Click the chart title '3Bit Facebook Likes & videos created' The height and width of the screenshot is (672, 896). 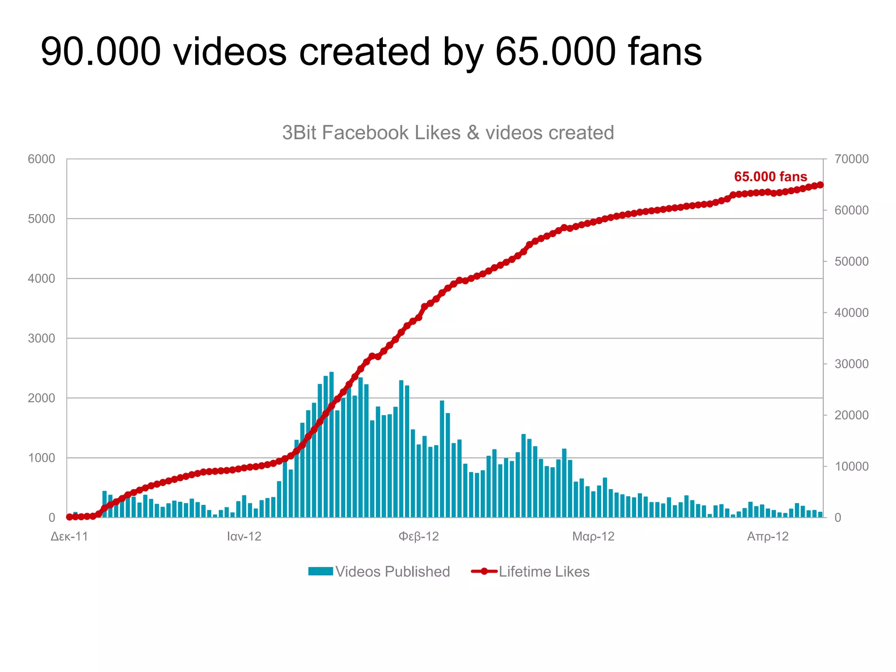click(448, 133)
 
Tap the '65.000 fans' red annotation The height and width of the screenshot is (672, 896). click(770, 177)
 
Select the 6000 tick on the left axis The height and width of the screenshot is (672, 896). click(42, 159)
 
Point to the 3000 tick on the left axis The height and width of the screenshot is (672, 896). click(42, 338)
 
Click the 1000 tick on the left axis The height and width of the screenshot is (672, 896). click(42, 458)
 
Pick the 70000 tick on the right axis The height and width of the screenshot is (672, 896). click(851, 159)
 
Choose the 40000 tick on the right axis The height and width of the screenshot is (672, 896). click(851, 313)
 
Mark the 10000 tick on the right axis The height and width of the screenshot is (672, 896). click(851, 466)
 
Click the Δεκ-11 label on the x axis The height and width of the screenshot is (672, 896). click(70, 536)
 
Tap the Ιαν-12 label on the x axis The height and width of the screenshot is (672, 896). click(244, 536)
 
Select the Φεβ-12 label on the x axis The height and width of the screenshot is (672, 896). click(419, 536)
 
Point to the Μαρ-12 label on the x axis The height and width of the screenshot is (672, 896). click(593, 536)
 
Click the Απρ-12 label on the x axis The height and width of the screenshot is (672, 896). click(768, 536)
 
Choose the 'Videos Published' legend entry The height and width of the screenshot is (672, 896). click(379, 572)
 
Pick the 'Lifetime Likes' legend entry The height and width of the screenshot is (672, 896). click(530, 572)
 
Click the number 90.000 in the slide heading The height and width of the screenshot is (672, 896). click(101, 52)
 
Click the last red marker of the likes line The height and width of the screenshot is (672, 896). click(820, 185)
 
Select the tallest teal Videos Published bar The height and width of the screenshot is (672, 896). click(332, 444)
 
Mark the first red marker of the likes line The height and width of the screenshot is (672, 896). click(69, 517)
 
